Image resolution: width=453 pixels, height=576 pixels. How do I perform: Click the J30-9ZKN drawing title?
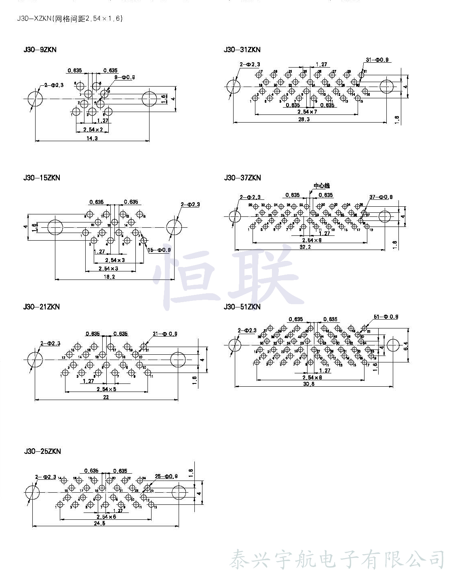pyautogui.click(x=40, y=50)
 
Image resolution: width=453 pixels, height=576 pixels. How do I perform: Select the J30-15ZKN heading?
pyautogui.click(x=42, y=178)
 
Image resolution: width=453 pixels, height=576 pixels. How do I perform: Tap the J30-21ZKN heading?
pyautogui.click(x=42, y=307)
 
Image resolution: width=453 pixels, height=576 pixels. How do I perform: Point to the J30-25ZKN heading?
pyautogui.click(x=42, y=451)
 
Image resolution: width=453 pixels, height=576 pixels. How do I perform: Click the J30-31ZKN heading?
pyautogui.click(x=242, y=50)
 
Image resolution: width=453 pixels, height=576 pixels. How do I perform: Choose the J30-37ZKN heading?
pyautogui.click(x=242, y=178)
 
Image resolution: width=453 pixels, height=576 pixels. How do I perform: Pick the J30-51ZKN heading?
pyautogui.click(x=242, y=307)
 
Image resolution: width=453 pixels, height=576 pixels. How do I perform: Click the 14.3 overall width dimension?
pyautogui.click(x=92, y=138)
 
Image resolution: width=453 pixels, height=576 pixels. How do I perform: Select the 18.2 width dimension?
pyautogui.click(x=110, y=277)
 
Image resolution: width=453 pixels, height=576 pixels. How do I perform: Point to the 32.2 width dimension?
pyautogui.click(x=305, y=247)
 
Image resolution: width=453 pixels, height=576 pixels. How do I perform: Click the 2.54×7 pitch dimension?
pyautogui.click(x=307, y=112)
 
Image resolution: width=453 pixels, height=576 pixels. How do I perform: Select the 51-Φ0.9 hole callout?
pyautogui.click(x=386, y=317)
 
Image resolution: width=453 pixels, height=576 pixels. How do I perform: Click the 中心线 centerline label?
pyautogui.click(x=322, y=186)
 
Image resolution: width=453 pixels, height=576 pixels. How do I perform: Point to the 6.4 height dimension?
pyautogui.click(x=406, y=346)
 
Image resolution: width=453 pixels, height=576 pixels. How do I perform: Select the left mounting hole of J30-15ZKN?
pyautogui.click(x=55, y=227)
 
